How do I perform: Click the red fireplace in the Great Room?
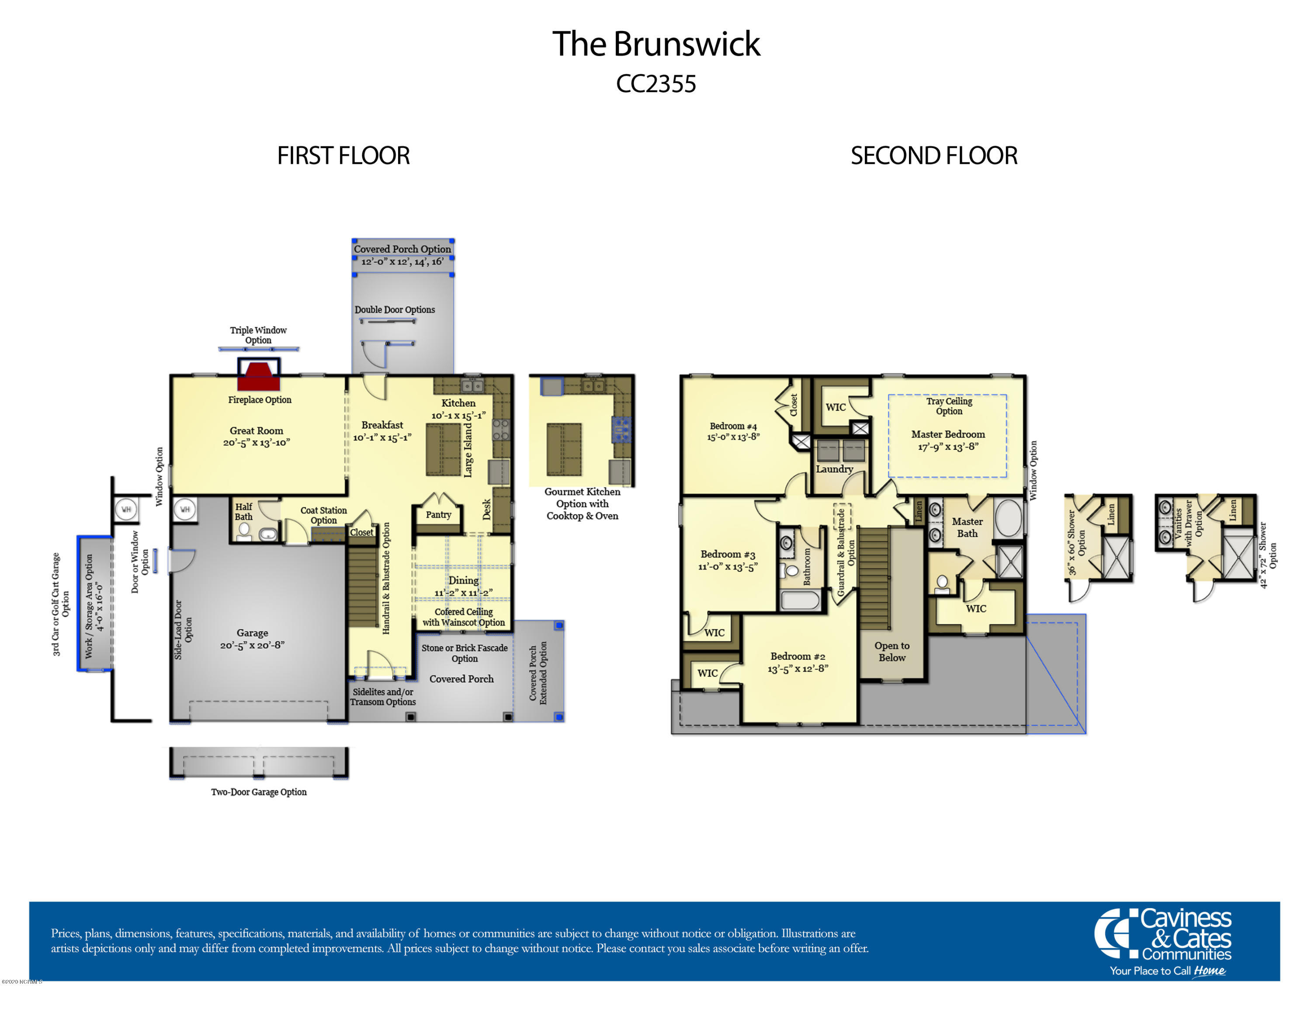click(x=259, y=376)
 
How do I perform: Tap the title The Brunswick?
click(x=656, y=44)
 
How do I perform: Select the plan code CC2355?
click(x=656, y=84)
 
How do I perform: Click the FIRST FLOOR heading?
click(x=343, y=156)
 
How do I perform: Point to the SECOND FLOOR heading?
click(x=934, y=156)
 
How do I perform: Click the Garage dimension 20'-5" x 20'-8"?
click(x=252, y=645)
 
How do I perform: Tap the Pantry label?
click(x=438, y=514)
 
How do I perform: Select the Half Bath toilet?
click(x=244, y=532)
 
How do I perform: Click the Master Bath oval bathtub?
click(x=1009, y=518)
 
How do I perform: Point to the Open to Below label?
click(x=892, y=651)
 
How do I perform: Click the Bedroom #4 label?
click(x=733, y=426)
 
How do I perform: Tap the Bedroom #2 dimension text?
click(x=798, y=669)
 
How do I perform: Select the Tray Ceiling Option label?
click(x=949, y=406)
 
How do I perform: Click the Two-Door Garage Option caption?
click(x=259, y=792)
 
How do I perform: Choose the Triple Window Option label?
click(x=258, y=335)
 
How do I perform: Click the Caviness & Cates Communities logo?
click(x=1163, y=942)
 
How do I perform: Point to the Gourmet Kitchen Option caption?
click(x=582, y=503)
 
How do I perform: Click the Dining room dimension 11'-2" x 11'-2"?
click(x=463, y=593)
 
